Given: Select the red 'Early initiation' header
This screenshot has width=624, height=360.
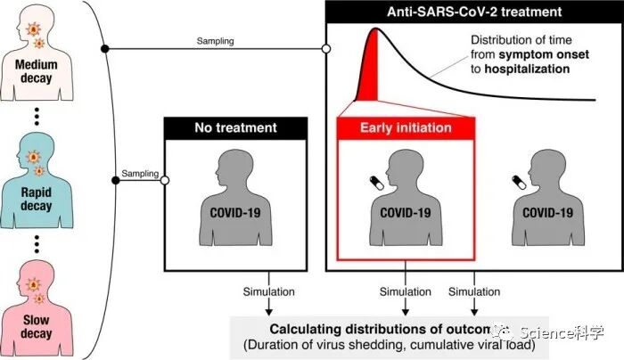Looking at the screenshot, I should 406,128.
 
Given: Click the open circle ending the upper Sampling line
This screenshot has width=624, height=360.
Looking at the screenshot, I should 325,48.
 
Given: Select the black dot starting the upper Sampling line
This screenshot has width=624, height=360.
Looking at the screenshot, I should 105,48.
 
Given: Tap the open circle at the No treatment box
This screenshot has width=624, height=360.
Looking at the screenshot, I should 164,180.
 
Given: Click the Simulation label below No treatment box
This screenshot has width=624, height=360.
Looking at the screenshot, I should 267,291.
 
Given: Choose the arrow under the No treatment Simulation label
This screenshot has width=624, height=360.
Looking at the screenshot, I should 267,307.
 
